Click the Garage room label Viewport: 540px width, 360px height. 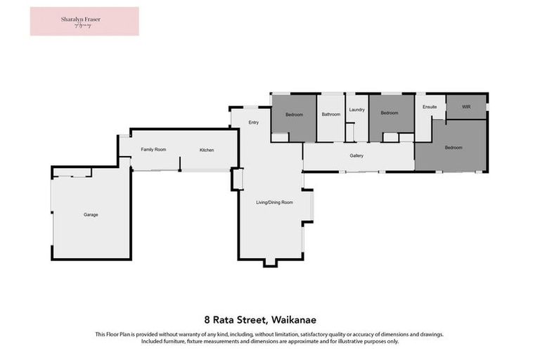click(x=91, y=214)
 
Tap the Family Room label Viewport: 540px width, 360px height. click(x=153, y=150)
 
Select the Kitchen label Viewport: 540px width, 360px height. click(x=206, y=150)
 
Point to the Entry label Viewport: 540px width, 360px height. click(x=254, y=123)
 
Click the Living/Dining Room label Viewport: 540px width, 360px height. click(x=274, y=202)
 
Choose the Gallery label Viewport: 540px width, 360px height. click(x=356, y=155)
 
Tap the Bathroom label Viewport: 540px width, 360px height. click(x=330, y=115)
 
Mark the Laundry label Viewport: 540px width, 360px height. click(x=356, y=110)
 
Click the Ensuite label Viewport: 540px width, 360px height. click(x=430, y=107)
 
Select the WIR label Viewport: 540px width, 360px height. click(x=465, y=107)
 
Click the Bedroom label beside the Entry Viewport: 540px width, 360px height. click(x=294, y=115)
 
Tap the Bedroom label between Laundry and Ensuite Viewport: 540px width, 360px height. click(x=389, y=113)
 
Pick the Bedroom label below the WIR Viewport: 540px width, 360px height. click(x=454, y=148)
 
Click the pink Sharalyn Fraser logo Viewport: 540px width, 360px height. click(x=84, y=21)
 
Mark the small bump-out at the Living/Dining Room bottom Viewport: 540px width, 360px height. click(x=271, y=262)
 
